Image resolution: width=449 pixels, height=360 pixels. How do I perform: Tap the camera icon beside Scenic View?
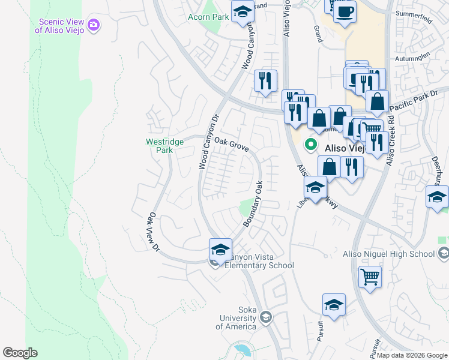click(94, 25)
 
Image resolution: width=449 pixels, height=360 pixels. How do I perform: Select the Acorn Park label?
click(208, 17)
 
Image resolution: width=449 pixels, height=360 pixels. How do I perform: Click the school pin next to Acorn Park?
click(243, 13)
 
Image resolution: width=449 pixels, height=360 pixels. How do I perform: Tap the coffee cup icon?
click(345, 12)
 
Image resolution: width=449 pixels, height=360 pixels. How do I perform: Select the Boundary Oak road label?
click(253, 204)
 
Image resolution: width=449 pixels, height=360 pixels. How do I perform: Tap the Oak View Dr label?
click(154, 232)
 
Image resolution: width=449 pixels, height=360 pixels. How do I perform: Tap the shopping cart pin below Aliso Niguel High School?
click(370, 278)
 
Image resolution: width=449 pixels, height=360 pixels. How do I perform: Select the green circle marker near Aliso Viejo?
click(311, 144)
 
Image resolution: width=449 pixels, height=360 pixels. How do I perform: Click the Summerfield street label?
click(414, 13)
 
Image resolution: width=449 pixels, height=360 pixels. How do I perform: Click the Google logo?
click(20, 353)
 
